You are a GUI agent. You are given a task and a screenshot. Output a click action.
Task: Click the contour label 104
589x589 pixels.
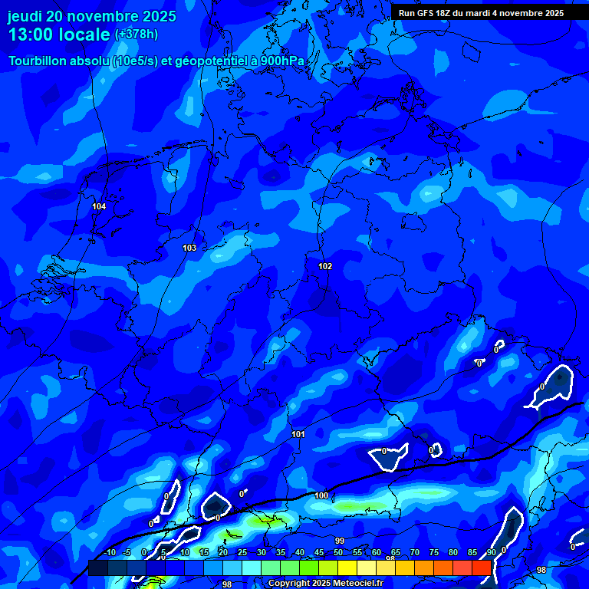point(99,206)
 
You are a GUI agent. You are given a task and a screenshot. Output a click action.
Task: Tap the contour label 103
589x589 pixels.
point(189,248)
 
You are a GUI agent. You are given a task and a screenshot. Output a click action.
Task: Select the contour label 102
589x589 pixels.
point(325,266)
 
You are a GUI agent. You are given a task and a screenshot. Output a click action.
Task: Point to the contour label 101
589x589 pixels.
point(298,435)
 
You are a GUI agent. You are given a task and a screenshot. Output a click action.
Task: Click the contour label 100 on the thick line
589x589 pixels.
point(321,496)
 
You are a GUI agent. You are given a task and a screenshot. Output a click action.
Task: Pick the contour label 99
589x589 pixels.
point(340,541)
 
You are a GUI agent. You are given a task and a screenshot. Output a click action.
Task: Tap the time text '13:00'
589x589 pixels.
point(31,35)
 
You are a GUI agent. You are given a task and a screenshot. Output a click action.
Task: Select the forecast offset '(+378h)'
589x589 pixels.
point(137,35)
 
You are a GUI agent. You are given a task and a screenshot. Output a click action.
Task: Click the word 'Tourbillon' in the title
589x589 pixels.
point(41,61)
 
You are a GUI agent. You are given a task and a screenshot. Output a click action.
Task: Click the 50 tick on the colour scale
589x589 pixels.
point(338,552)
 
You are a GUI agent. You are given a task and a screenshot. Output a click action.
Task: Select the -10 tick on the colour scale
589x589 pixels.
point(110,552)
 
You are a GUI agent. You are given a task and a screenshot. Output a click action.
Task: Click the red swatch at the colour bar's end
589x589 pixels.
point(481,568)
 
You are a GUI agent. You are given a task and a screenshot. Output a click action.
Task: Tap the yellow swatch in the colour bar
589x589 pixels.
point(347,568)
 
